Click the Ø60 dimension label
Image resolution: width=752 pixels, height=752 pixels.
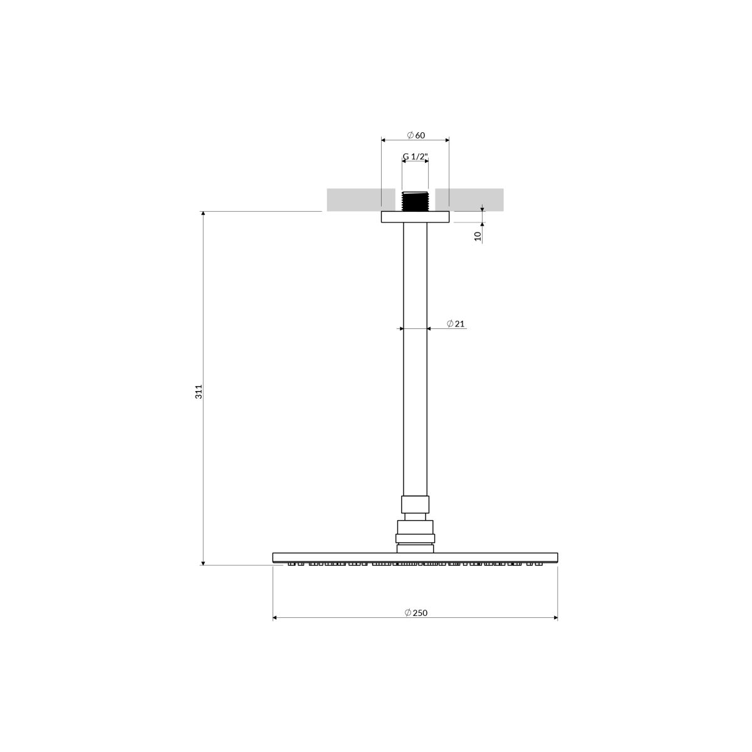[x=415, y=135]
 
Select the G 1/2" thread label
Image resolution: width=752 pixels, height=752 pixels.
[x=415, y=157]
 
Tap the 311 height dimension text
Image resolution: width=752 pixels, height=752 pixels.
[x=199, y=392]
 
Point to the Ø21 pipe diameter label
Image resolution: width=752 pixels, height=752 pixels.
[x=456, y=323]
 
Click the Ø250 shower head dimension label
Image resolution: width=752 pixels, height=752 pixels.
[x=416, y=613]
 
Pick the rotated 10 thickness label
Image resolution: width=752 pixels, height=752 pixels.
[x=478, y=236]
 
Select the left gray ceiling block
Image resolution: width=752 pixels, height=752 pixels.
[x=361, y=200]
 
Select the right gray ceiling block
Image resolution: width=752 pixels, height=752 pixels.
[x=469, y=200]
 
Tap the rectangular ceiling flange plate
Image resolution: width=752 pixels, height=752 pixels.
[x=415, y=217]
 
